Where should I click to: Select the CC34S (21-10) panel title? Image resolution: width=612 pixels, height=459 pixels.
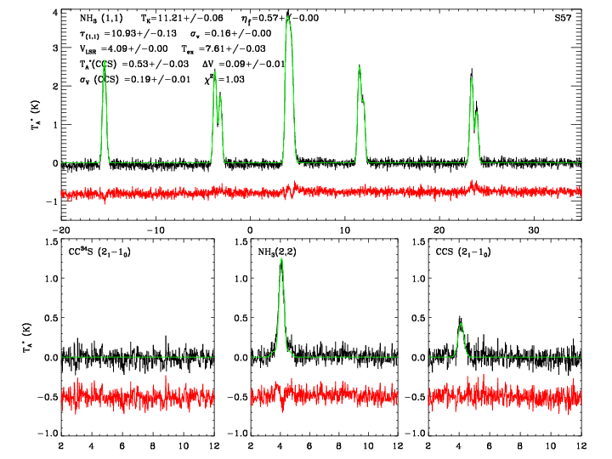click(99, 252)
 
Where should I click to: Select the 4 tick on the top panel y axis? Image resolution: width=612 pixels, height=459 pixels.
click(54, 13)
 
